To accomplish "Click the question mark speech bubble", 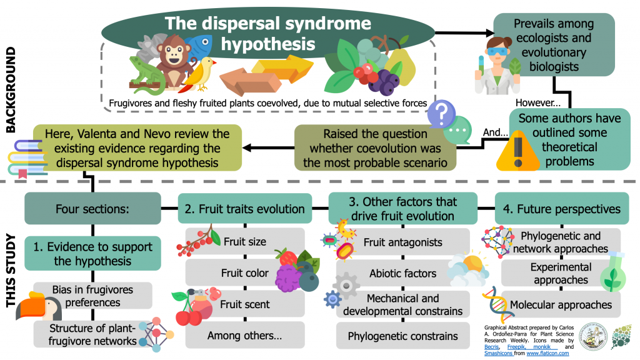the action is click(441, 114).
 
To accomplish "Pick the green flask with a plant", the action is click(613, 271).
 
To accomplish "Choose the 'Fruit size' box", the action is click(245, 242).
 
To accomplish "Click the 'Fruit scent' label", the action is click(245, 304).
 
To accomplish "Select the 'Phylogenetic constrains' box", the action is click(403, 336).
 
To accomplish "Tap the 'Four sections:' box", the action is click(92, 209).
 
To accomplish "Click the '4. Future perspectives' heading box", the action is click(562, 209).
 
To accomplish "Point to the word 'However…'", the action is click(538, 103).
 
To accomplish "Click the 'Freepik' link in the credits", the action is click(516, 346).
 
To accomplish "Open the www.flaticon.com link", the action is click(547, 353).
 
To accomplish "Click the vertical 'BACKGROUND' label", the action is click(11, 90).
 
